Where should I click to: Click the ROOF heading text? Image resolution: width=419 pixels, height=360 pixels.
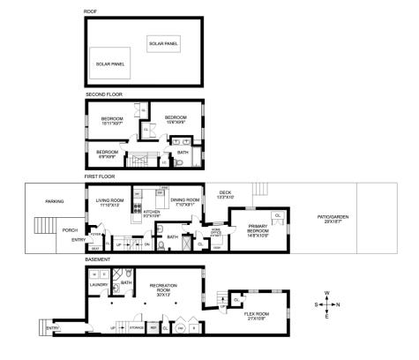(x=90, y=11)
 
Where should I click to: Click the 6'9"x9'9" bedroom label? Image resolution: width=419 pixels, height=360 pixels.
(x=108, y=154)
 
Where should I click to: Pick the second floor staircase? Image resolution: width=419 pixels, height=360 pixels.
(x=138, y=160)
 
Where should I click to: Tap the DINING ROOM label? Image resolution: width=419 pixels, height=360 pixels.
(x=185, y=201)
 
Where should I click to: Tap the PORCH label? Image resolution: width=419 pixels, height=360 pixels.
(x=70, y=231)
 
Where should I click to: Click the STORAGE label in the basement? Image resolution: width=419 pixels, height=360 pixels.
(x=137, y=327)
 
